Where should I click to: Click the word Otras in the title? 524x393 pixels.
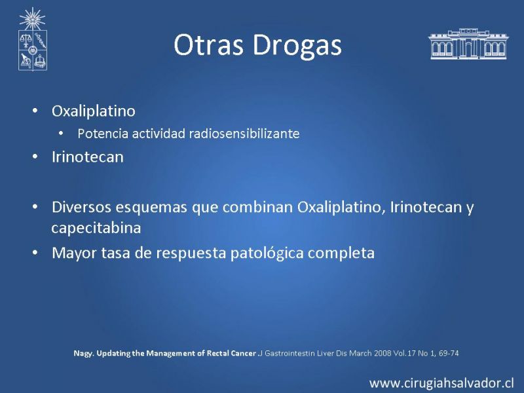pyautogui.click(x=208, y=45)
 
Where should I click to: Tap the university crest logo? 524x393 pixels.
pyautogui.click(x=32, y=39)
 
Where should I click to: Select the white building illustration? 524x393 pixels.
pyautogui.click(x=468, y=44)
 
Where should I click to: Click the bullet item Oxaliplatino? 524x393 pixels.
pyautogui.click(x=94, y=111)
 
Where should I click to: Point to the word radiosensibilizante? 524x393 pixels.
pyautogui.click(x=244, y=134)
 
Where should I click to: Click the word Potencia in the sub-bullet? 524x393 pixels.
pyautogui.click(x=103, y=134)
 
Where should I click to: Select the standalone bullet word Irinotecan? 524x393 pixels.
pyautogui.click(x=88, y=157)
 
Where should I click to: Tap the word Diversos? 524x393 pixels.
pyautogui.click(x=81, y=207)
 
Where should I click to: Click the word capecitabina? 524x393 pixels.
pyautogui.click(x=96, y=228)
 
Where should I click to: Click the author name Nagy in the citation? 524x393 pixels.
pyautogui.click(x=83, y=354)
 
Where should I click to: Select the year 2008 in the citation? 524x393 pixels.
pyautogui.click(x=383, y=353)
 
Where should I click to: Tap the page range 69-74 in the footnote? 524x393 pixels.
pyautogui.click(x=449, y=353)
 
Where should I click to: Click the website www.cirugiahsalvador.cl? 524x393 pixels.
pyautogui.click(x=441, y=383)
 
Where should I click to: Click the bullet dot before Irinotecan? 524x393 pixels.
pyautogui.click(x=35, y=157)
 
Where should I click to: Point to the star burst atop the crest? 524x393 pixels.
pyautogui.click(x=32, y=19)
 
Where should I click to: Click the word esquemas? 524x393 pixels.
pyautogui.click(x=151, y=208)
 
